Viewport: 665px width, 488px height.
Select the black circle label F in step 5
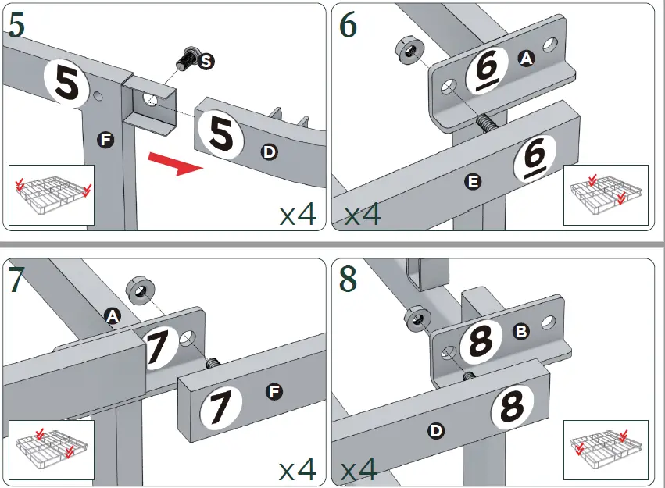[105, 140]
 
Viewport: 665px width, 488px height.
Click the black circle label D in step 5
[269, 151]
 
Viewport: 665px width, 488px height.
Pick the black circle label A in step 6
[527, 57]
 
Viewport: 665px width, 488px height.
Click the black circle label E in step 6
[472, 182]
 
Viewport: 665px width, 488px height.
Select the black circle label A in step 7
[113, 315]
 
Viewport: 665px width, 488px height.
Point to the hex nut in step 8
[415, 317]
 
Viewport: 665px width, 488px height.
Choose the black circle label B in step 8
[521, 331]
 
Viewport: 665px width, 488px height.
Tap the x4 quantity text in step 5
[297, 214]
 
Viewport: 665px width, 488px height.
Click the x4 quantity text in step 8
[360, 469]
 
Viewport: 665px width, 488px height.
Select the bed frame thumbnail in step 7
[51, 450]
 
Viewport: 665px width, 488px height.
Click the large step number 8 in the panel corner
[349, 280]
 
